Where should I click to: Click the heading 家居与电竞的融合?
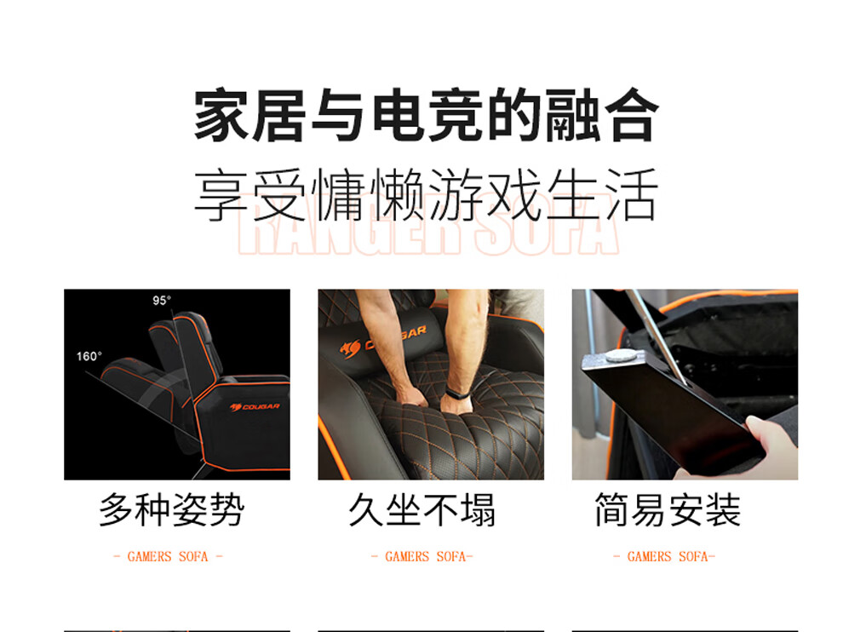(x=426, y=116)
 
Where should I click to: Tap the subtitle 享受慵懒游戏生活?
(x=426, y=194)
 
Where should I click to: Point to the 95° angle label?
(x=161, y=300)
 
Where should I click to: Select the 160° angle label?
(x=89, y=356)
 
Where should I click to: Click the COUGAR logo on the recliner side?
(x=255, y=406)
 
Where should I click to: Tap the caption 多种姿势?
(x=172, y=509)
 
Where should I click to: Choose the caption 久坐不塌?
(x=422, y=509)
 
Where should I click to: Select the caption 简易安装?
(x=668, y=509)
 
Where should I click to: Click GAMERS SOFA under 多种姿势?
(x=168, y=557)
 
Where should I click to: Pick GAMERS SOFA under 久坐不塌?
(x=425, y=557)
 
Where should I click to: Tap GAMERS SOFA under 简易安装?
(x=668, y=557)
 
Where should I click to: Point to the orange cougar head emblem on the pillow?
(x=351, y=348)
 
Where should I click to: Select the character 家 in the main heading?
(x=221, y=116)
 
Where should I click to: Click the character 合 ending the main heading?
(x=632, y=116)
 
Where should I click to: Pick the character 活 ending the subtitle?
(x=632, y=194)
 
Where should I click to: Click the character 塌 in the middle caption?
(x=478, y=509)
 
